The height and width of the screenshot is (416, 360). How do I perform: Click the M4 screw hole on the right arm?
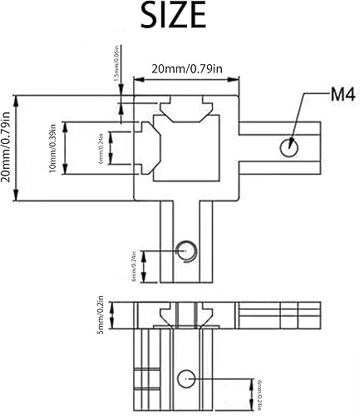point(288,147)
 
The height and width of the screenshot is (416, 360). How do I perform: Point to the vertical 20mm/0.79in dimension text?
point(9,148)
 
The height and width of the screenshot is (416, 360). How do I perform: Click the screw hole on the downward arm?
point(187,250)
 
